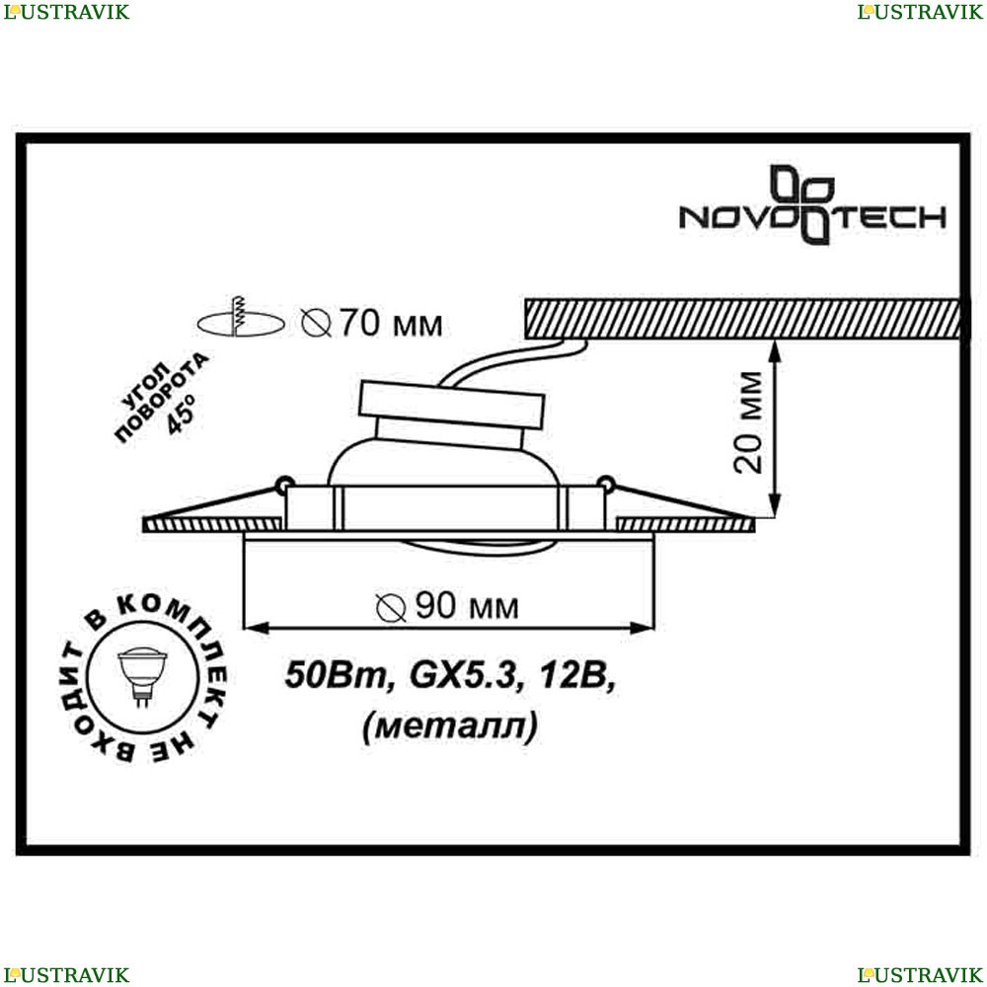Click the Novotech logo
point(812,206)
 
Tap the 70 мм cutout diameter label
point(371,324)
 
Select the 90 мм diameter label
point(447,606)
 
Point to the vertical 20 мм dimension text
point(749,422)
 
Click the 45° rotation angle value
point(182,415)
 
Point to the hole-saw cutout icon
point(241,319)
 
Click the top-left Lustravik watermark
point(66,12)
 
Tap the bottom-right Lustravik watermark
point(920,974)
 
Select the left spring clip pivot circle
point(284,484)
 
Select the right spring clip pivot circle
point(606,484)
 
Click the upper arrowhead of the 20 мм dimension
point(775,350)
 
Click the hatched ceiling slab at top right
point(743,319)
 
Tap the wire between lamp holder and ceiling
point(513,360)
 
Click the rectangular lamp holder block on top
point(451,405)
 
